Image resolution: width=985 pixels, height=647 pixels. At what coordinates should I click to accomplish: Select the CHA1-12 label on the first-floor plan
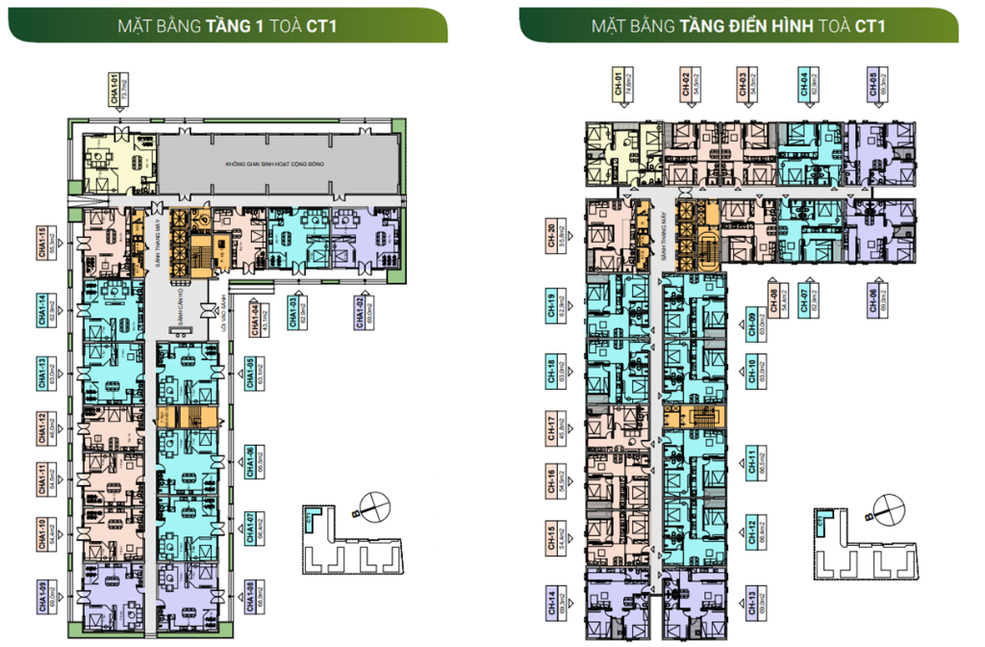pyautogui.click(x=45, y=428)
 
